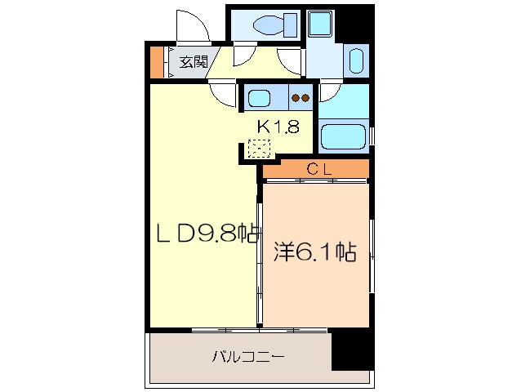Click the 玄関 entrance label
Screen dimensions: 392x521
click(x=193, y=60)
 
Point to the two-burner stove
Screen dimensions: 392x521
click(x=301, y=99)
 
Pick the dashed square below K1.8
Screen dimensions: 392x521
click(x=259, y=149)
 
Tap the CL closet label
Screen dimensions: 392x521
click(x=317, y=169)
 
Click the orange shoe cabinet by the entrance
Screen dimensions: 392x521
click(x=156, y=62)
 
